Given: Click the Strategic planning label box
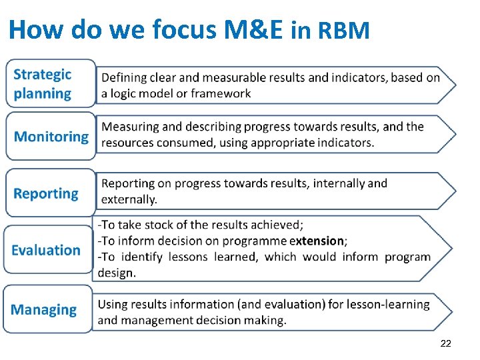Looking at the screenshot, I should [x=51, y=84].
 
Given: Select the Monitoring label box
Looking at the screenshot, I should [x=51, y=137].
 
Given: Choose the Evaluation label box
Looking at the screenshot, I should [x=47, y=250].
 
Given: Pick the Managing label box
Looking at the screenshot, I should [x=47, y=309].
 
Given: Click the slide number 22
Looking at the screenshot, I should [x=446, y=343].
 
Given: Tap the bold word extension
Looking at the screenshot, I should [x=317, y=241].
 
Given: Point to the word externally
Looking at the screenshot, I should [x=129, y=199].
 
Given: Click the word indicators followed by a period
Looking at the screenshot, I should [x=345, y=143].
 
